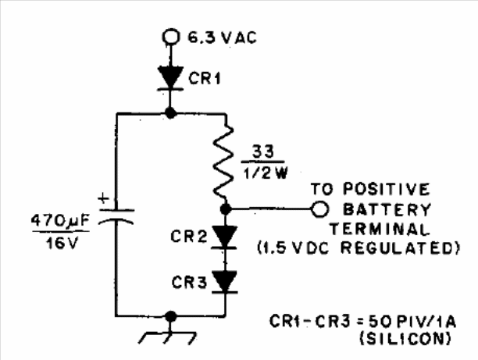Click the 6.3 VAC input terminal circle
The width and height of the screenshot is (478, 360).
[x=170, y=36]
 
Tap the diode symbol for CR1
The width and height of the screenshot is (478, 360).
[x=170, y=77]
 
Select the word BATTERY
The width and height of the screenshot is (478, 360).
[x=385, y=209]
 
